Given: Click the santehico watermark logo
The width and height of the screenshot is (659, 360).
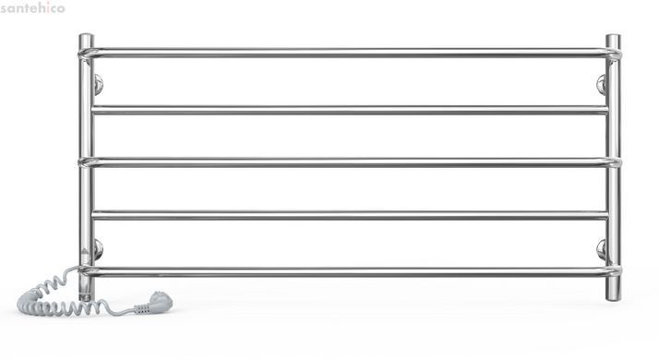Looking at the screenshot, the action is point(33,7).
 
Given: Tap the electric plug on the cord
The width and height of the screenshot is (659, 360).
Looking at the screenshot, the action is point(154,303).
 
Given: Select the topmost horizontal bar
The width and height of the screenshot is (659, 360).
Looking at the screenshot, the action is point(350,53).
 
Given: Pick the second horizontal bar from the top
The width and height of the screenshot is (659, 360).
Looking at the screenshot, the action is point(350,110).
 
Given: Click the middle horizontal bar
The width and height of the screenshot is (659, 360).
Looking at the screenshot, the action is point(350,162).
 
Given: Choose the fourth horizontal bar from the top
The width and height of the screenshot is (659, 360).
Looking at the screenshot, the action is point(350,215).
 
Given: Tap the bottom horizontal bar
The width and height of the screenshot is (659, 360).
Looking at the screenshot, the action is point(350,271).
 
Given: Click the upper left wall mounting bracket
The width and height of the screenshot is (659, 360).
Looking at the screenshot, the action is point(98,84).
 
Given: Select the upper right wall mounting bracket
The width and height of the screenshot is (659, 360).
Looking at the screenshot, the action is point(602,84).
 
